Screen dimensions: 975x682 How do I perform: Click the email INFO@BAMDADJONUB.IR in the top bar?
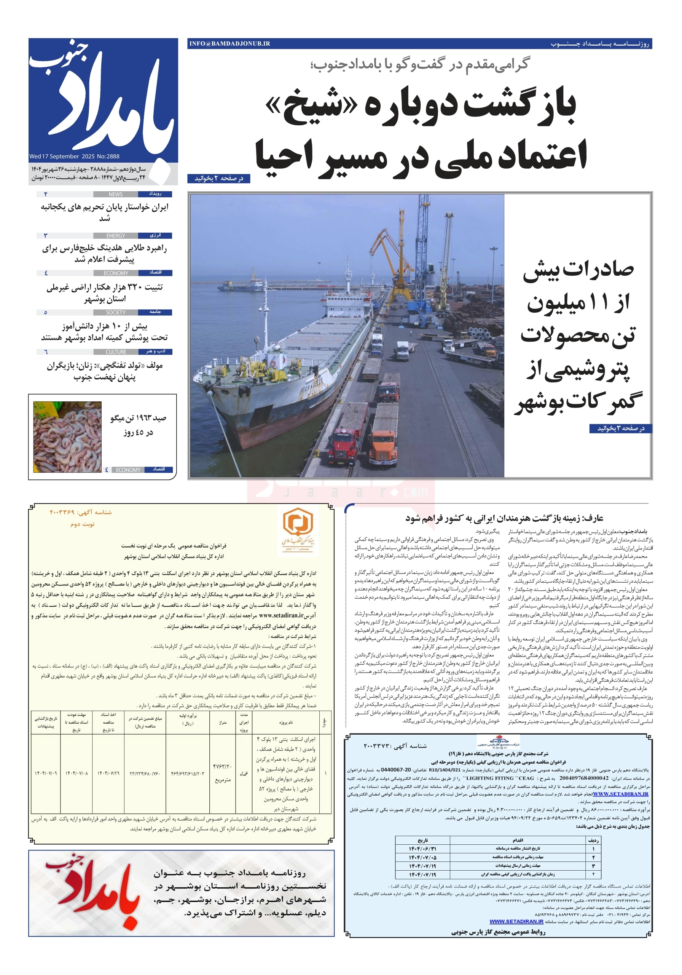click(229, 44)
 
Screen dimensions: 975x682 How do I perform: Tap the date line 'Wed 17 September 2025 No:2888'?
click(74, 156)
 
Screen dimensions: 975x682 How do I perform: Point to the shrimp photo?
click(67, 437)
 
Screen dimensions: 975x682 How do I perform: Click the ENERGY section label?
click(115, 236)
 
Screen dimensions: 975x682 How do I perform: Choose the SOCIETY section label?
click(115, 313)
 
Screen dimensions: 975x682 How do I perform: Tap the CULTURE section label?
click(115, 352)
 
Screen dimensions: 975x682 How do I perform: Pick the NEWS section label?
click(115, 195)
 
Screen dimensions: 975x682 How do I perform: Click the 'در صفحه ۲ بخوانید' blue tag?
click(218, 179)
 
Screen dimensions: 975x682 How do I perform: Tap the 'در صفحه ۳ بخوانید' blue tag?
click(620, 428)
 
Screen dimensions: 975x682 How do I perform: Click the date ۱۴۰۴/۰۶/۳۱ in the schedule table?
click(422, 849)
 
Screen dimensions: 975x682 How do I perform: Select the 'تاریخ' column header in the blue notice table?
click(423, 840)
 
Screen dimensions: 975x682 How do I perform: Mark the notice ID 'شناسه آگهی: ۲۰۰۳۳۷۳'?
click(395, 746)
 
